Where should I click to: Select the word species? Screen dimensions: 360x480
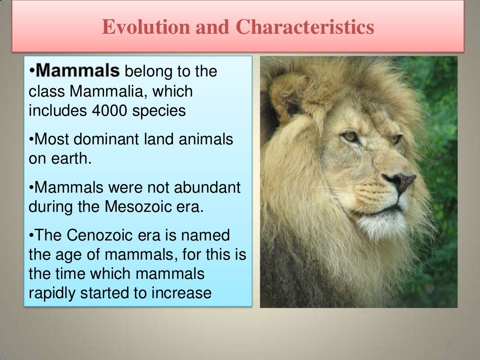pos(160,111)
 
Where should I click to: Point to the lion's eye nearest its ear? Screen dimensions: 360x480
pos(349,137)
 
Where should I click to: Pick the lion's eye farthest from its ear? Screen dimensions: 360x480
pos(396,139)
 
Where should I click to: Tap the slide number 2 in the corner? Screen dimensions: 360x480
pos(448,344)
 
